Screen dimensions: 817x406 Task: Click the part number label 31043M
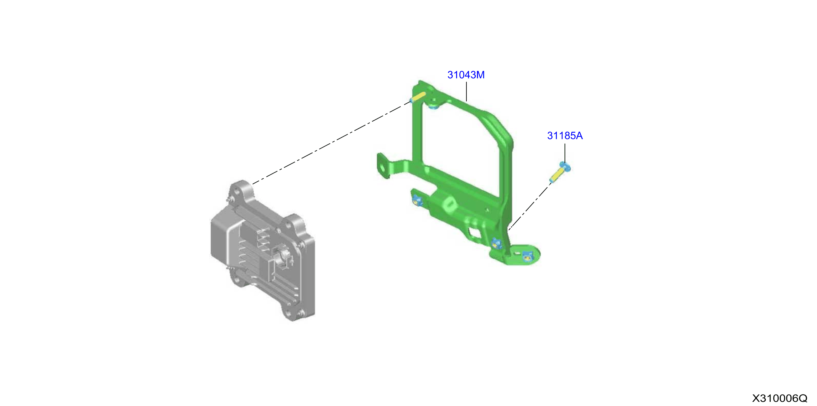[466, 75]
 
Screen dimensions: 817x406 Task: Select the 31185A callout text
[565, 136]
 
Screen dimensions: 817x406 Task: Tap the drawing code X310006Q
[780, 398]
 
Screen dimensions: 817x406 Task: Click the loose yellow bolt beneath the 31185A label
[560, 172]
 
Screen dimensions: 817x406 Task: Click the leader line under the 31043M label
[467, 91]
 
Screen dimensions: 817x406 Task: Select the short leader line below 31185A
[565, 153]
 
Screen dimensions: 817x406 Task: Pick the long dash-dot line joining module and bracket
[331, 143]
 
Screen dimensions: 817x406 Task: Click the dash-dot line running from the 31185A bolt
[530, 207]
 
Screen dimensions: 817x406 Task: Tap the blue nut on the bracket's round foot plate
[527, 256]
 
